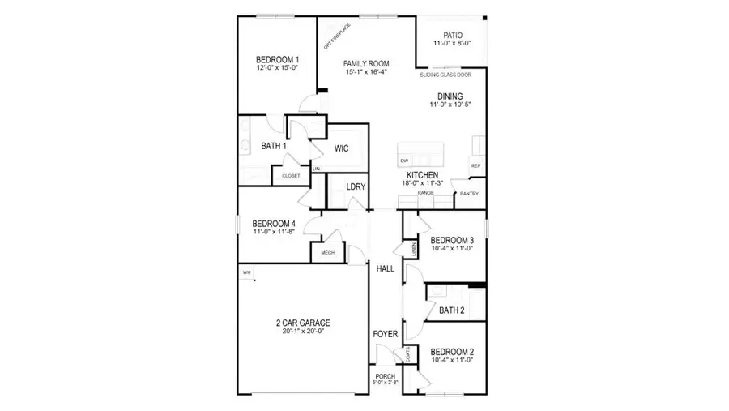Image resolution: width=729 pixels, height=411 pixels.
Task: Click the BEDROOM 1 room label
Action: [278, 60]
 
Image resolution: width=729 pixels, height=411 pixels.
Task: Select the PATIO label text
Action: [452, 36]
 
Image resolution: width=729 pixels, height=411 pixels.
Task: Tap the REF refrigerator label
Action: [475, 165]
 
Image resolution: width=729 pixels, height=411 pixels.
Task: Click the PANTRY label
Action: [469, 194]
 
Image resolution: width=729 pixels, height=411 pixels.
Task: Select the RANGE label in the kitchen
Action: [426, 193]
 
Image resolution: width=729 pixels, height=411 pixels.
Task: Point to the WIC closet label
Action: [342, 149]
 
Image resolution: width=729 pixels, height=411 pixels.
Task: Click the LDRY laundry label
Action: [356, 186]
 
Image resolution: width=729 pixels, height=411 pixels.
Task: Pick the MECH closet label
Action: [328, 253]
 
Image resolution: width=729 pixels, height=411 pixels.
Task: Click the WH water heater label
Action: [246, 272]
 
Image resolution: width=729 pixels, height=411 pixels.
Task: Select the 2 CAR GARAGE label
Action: [303, 323]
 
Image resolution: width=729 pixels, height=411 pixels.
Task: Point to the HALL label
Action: [384, 268]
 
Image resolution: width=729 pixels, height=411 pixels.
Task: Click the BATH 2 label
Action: [450, 310]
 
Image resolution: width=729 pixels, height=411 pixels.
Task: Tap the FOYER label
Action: [384, 334]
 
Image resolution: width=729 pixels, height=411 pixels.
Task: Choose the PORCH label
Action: [386, 376]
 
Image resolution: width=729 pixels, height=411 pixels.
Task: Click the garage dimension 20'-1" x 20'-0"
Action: [303, 331]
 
